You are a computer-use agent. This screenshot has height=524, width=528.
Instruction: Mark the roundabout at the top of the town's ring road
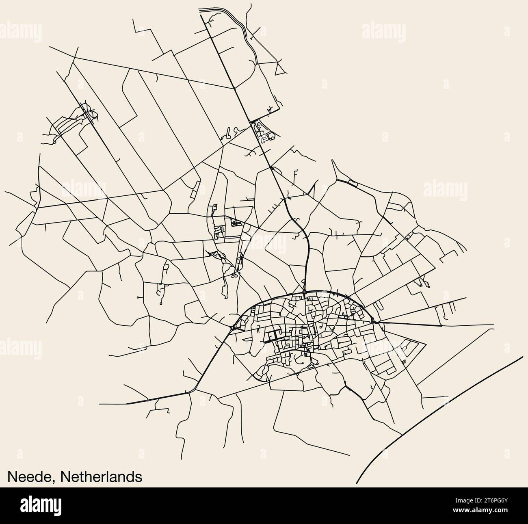304,292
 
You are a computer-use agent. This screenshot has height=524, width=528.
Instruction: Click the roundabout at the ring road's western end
232,327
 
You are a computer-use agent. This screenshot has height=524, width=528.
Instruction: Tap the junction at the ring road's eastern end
378,322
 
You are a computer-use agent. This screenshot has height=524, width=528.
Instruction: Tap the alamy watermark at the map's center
264,244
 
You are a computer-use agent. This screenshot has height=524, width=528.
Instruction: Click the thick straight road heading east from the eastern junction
410,324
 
